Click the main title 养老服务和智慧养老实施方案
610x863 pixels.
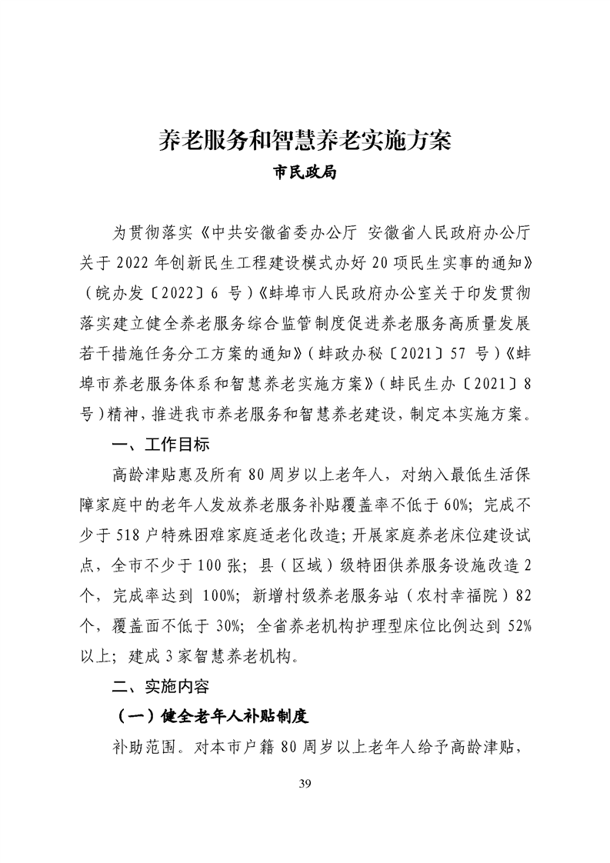[x=305, y=141]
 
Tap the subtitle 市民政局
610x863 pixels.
[x=305, y=173]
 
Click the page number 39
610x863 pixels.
[x=305, y=784]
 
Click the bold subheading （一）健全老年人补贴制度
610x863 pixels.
[x=210, y=716]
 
